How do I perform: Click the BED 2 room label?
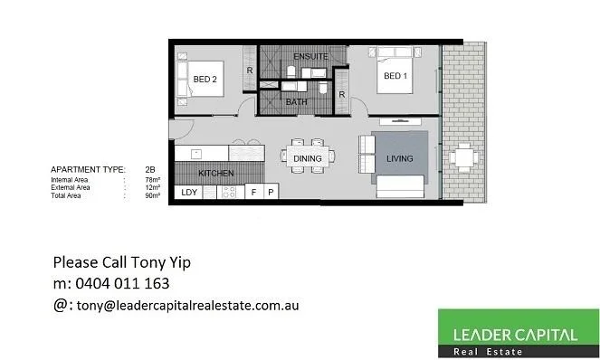click(205, 80)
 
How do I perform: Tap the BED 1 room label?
click(395, 76)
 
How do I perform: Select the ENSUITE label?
click(299, 56)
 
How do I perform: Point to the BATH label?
click(296, 102)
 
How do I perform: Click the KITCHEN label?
click(216, 173)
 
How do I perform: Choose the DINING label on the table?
click(308, 159)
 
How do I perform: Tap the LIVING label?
click(399, 159)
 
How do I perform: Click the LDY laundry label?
click(189, 193)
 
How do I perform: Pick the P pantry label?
click(270, 193)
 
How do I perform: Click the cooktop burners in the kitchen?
click(229, 192)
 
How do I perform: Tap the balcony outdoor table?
click(464, 159)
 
